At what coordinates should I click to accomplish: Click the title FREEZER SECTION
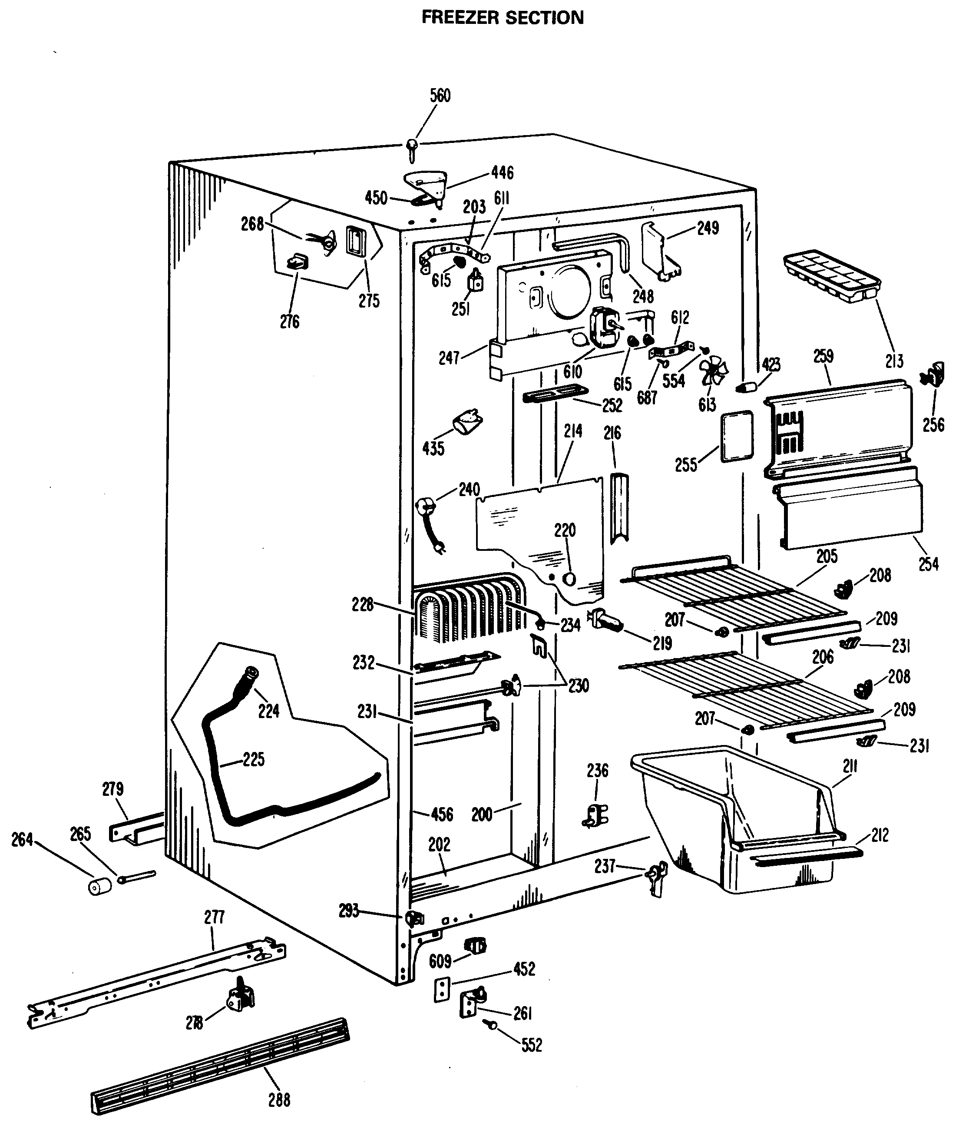click(x=503, y=17)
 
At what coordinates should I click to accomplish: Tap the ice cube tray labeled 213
click(x=831, y=276)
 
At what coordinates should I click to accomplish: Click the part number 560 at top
click(x=440, y=96)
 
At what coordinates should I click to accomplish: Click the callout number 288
click(x=279, y=1100)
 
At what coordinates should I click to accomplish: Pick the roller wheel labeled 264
click(x=99, y=886)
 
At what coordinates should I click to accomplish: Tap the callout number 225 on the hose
click(x=253, y=759)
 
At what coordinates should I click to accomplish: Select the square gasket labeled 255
click(x=737, y=437)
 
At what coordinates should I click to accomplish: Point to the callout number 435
click(x=433, y=448)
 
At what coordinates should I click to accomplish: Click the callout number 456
click(x=442, y=814)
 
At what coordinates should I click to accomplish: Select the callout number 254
click(x=929, y=564)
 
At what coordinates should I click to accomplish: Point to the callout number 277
click(x=215, y=917)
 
